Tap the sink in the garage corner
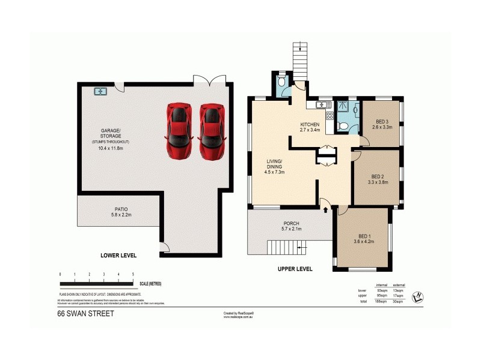tap(100, 92)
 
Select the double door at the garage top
tap(209, 81)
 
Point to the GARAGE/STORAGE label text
tap(111, 133)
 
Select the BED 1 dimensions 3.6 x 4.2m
tap(363, 243)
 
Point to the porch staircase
tap(283, 247)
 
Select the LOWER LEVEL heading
tap(118, 255)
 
